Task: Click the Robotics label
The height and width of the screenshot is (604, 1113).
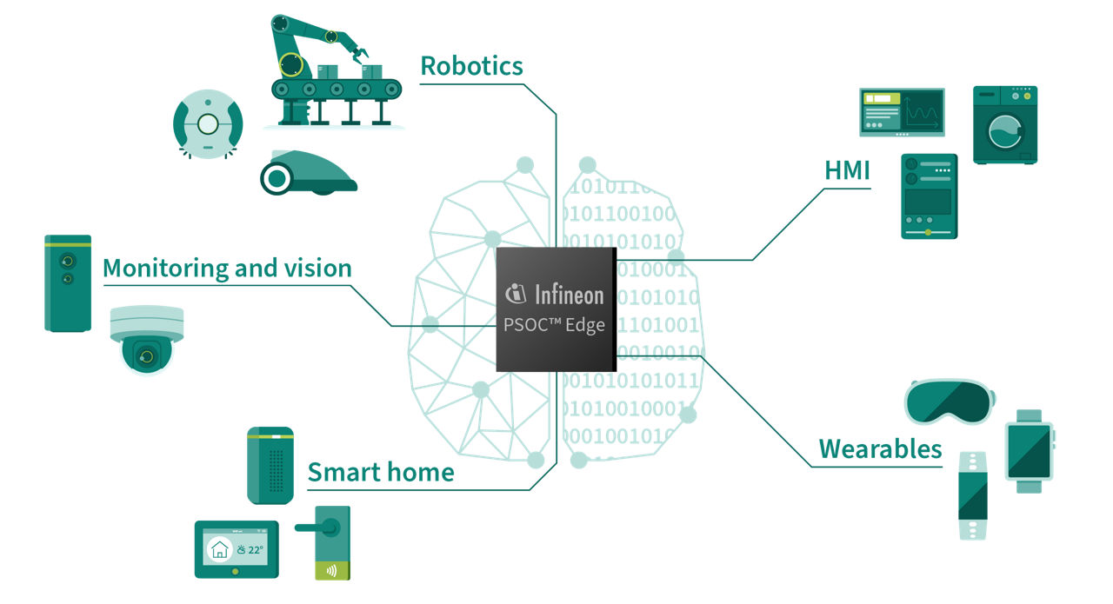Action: [x=471, y=66]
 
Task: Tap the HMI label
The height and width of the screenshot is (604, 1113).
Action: [x=847, y=171]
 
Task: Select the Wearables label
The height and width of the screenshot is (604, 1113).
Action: [x=880, y=449]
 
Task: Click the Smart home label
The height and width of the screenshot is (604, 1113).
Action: [x=381, y=473]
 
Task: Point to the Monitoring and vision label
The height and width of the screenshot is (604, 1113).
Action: [x=227, y=269]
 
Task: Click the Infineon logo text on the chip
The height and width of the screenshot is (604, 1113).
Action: [x=555, y=295]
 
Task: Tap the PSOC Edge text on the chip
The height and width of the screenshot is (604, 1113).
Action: [x=555, y=326]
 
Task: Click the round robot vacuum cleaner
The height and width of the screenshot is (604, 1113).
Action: [x=207, y=124]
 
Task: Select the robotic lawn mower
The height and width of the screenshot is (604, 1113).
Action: [x=306, y=172]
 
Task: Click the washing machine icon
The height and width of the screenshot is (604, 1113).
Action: [x=1004, y=124]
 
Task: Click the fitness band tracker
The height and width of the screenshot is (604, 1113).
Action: [x=973, y=495]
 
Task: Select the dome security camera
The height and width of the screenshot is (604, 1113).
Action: [x=147, y=339]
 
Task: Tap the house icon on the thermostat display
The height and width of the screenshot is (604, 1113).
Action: [x=218, y=549]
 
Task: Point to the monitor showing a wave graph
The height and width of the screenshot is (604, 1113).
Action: [x=902, y=112]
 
